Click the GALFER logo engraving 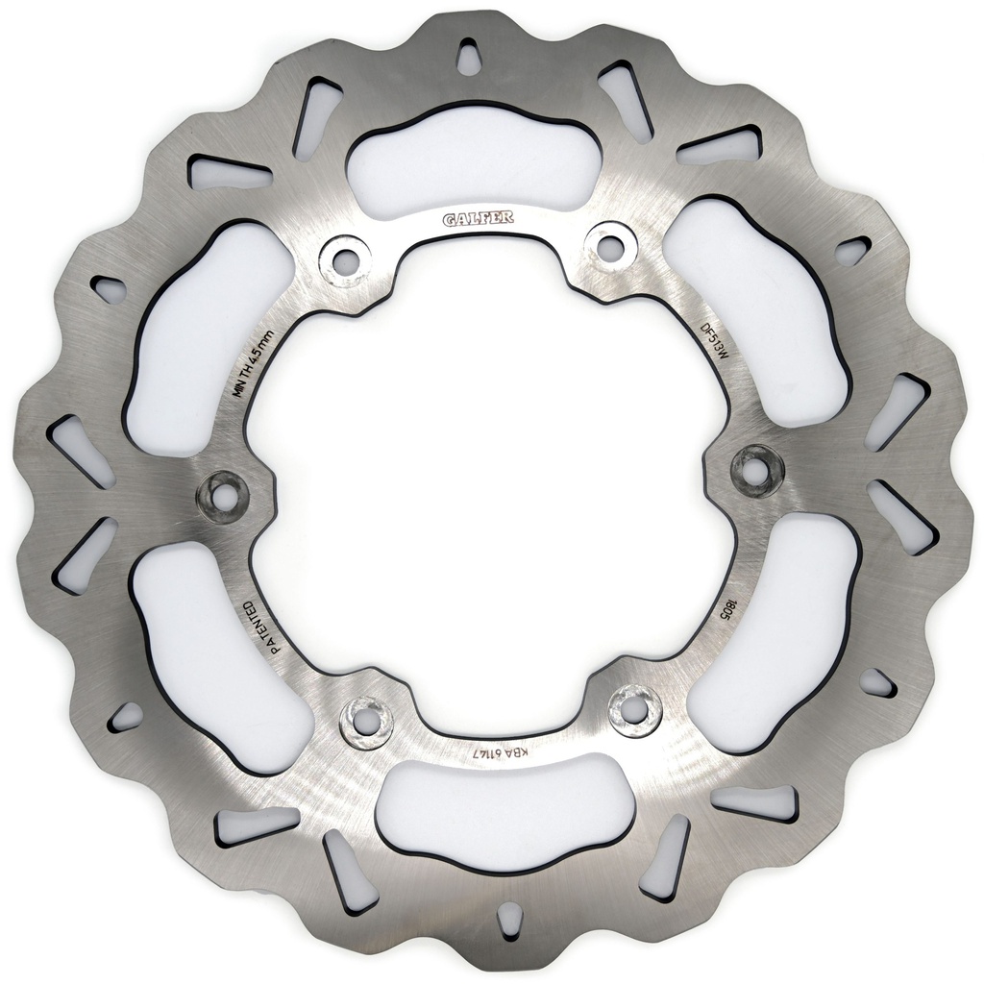478,219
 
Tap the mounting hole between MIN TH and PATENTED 222,496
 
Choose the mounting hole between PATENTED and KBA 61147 366,716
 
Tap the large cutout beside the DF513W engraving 759,307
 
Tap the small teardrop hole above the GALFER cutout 469,58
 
